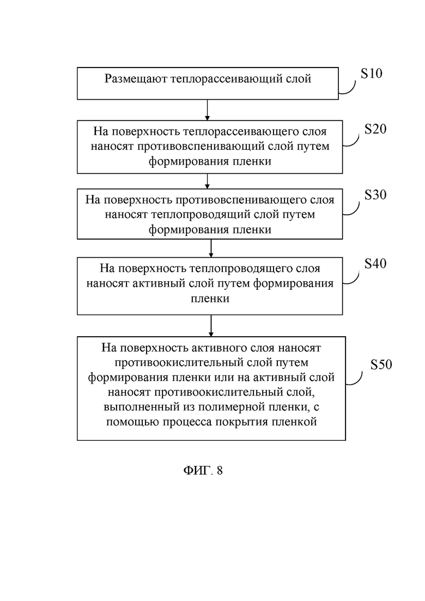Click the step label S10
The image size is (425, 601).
pos(372,73)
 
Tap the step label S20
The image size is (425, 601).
pos(375,129)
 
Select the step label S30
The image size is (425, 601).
pos(375,195)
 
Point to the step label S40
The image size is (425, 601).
pos(375,263)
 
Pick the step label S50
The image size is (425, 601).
pos(381,364)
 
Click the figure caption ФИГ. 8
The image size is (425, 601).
pos(203,470)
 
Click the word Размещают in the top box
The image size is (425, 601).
pos(136,79)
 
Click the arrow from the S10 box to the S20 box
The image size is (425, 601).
pos(208,110)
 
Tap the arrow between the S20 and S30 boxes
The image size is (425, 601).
pos(208,181)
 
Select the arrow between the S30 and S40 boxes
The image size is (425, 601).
pos(211,248)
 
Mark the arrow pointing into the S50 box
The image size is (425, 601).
pos(211,326)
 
